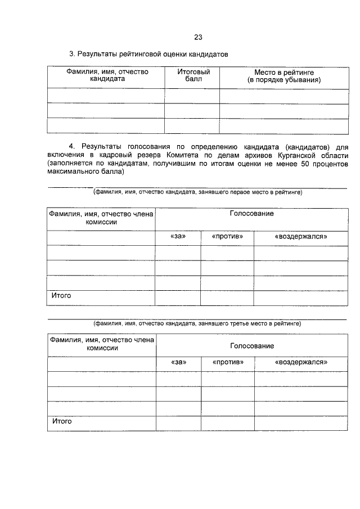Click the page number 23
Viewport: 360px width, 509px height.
197,38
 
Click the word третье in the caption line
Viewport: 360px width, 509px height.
220,324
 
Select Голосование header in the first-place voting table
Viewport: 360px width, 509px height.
251,214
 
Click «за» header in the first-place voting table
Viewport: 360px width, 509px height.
177,237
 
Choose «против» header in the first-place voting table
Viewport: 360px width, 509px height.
227,237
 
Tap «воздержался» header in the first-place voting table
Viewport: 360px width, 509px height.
300,237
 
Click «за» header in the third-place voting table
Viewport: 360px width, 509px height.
178,363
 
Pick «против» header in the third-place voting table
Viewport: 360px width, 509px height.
228,363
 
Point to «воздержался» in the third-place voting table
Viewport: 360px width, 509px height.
301,363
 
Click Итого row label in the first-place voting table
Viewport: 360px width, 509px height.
61,295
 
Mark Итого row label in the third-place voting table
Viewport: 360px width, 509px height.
62,421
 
